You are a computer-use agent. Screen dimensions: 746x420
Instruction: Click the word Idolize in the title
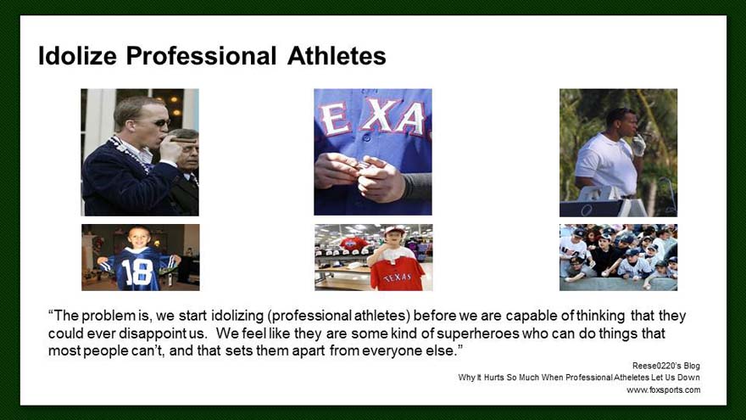[77, 56]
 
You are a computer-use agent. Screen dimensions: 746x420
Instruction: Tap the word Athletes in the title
[337, 56]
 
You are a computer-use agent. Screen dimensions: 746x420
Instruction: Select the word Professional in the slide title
[201, 56]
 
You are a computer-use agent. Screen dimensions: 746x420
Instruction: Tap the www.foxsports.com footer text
[663, 390]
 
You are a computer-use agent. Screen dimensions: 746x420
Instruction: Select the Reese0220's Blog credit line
[666, 366]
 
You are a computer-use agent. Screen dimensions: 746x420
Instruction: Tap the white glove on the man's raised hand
[638, 144]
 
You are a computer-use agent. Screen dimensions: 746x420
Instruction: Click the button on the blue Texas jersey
[367, 138]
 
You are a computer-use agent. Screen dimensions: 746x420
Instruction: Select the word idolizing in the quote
[237, 316]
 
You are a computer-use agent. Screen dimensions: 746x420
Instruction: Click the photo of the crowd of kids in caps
[619, 257]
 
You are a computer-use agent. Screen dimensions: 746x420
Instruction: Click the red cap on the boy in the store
[394, 231]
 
